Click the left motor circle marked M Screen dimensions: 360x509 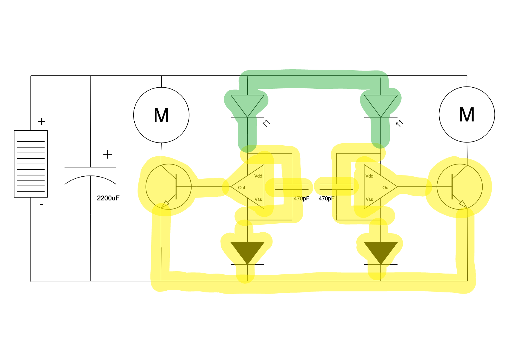(x=161, y=115)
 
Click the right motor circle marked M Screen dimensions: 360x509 (x=467, y=115)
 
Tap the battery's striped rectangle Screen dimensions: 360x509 (x=31, y=164)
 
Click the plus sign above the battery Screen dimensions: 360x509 (x=42, y=121)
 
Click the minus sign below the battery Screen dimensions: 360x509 (x=42, y=205)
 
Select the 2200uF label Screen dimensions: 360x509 (x=108, y=198)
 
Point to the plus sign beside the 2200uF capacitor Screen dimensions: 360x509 (x=108, y=154)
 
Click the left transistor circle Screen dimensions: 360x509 (x=168, y=187)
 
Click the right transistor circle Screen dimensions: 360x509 (x=460, y=187)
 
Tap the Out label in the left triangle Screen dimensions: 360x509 (x=241, y=188)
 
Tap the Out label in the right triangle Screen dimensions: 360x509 (x=386, y=188)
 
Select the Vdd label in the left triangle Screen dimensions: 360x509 (x=258, y=176)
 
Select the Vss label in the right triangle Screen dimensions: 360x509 (x=369, y=199)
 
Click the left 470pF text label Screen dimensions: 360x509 (x=301, y=198)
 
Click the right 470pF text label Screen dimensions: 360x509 (x=326, y=198)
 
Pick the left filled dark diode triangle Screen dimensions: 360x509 (x=247, y=251)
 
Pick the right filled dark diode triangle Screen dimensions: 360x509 (x=380, y=251)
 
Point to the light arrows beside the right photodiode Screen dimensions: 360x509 (x=400, y=123)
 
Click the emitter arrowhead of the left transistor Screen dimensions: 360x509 (x=165, y=204)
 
